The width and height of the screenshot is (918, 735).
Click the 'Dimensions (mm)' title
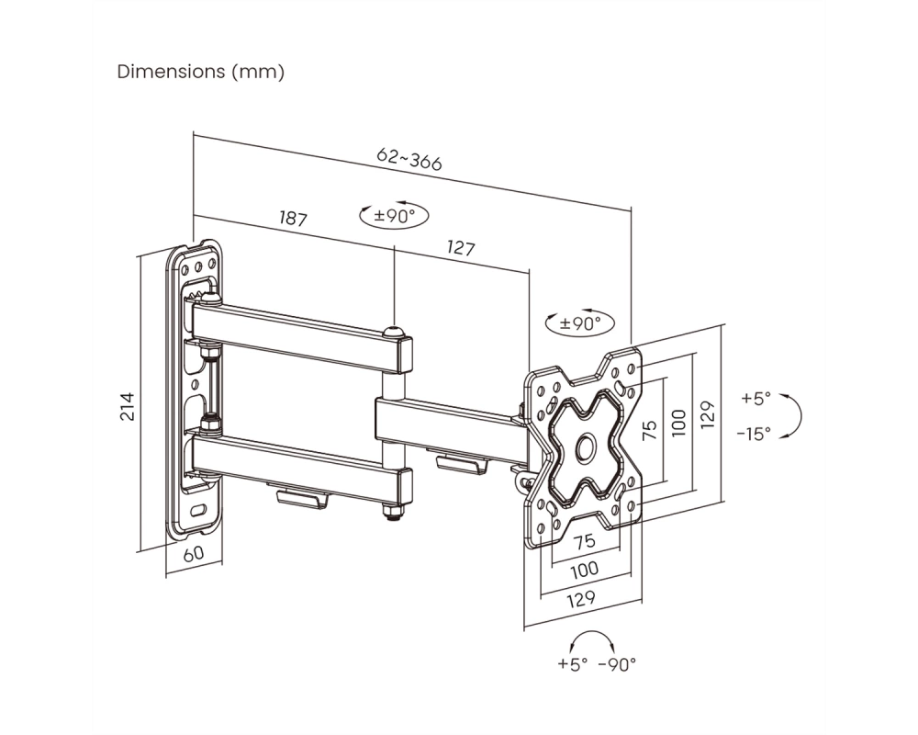(x=201, y=72)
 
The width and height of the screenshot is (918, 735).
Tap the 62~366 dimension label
(x=409, y=159)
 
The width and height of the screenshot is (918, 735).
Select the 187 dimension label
(x=293, y=219)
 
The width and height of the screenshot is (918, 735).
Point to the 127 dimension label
(x=460, y=248)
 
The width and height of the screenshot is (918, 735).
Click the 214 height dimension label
(x=128, y=406)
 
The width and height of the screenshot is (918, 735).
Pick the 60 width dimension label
(x=194, y=554)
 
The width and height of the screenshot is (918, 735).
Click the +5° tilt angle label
(x=756, y=399)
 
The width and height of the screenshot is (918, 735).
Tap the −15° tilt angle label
(x=754, y=434)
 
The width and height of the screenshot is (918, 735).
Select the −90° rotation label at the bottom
(x=617, y=664)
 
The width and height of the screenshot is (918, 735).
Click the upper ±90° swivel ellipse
(x=394, y=216)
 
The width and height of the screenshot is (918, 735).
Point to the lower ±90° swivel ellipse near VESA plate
(x=579, y=323)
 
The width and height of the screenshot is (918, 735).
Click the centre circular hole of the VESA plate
(x=586, y=447)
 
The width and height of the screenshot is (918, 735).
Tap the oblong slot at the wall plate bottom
(x=198, y=510)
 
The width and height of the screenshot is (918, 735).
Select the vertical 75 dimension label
(x=650, y=430)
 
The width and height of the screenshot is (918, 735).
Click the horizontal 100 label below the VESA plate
(x=584, y=569)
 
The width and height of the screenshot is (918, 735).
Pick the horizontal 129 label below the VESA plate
(x=581, y=598)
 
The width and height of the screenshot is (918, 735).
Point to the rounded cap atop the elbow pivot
(x=394, y=333)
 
